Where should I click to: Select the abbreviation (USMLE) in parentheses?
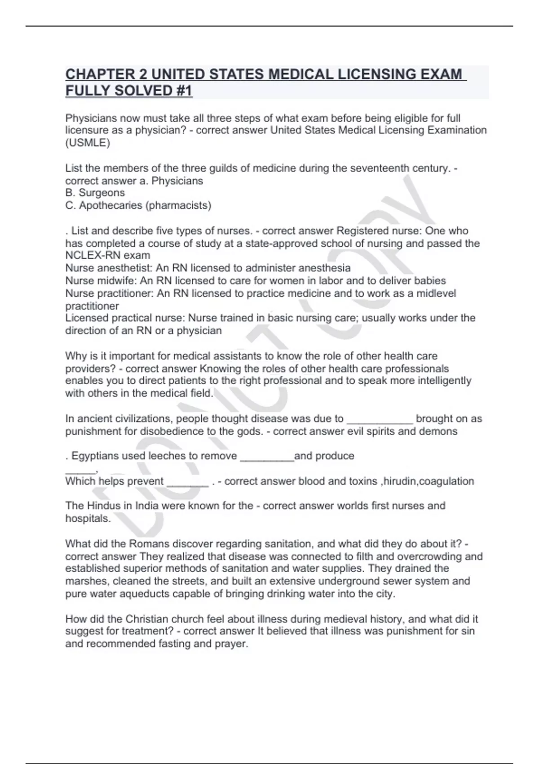coord(88,143)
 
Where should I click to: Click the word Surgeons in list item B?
coord(102,193)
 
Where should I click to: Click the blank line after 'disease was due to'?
coord(380,419)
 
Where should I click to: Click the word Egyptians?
coord(94,456)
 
